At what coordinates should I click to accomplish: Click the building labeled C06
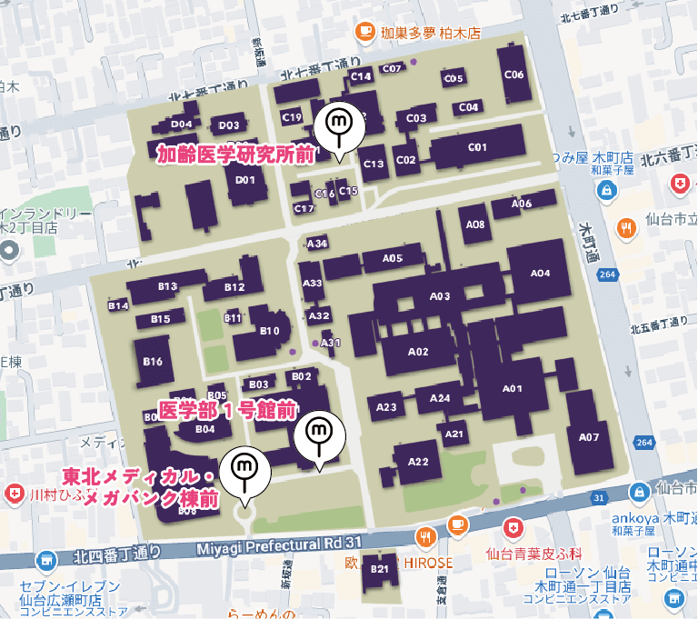point(514,75)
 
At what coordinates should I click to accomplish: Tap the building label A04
point(540,274)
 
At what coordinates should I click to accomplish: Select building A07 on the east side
point(589,437)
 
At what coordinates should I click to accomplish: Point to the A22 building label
point(417,462)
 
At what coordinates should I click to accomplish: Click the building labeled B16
point(152,362)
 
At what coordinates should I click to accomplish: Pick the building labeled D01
point(244,180)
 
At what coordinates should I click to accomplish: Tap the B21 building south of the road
point(379,568)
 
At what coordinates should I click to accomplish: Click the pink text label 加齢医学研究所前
point(234,155)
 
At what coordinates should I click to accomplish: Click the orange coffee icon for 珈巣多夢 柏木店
point(365,32)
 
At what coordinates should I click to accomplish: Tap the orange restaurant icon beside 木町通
point(625,227)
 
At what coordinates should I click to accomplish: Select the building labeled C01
point(477,147)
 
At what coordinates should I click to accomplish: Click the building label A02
point(418,351)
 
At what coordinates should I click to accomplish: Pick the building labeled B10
point(269,331)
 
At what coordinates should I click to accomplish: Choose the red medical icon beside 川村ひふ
point(15,494)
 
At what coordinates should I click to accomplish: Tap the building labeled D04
point(181,125)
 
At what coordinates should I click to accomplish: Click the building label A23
point(386,407)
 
